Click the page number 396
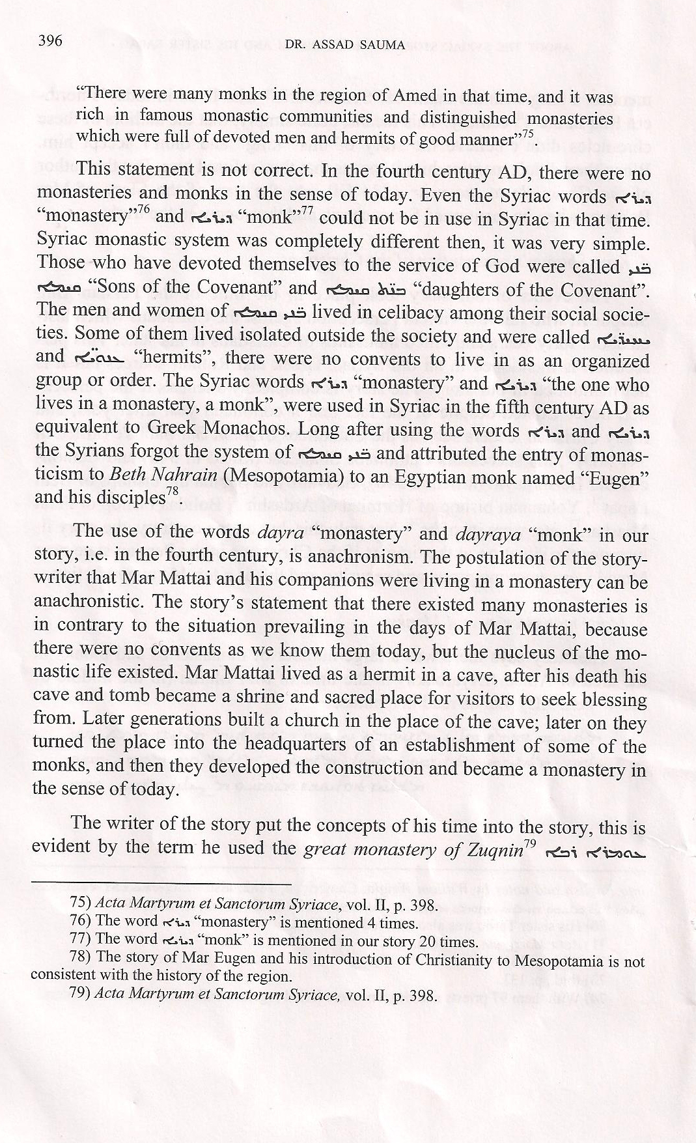[50, 41]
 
